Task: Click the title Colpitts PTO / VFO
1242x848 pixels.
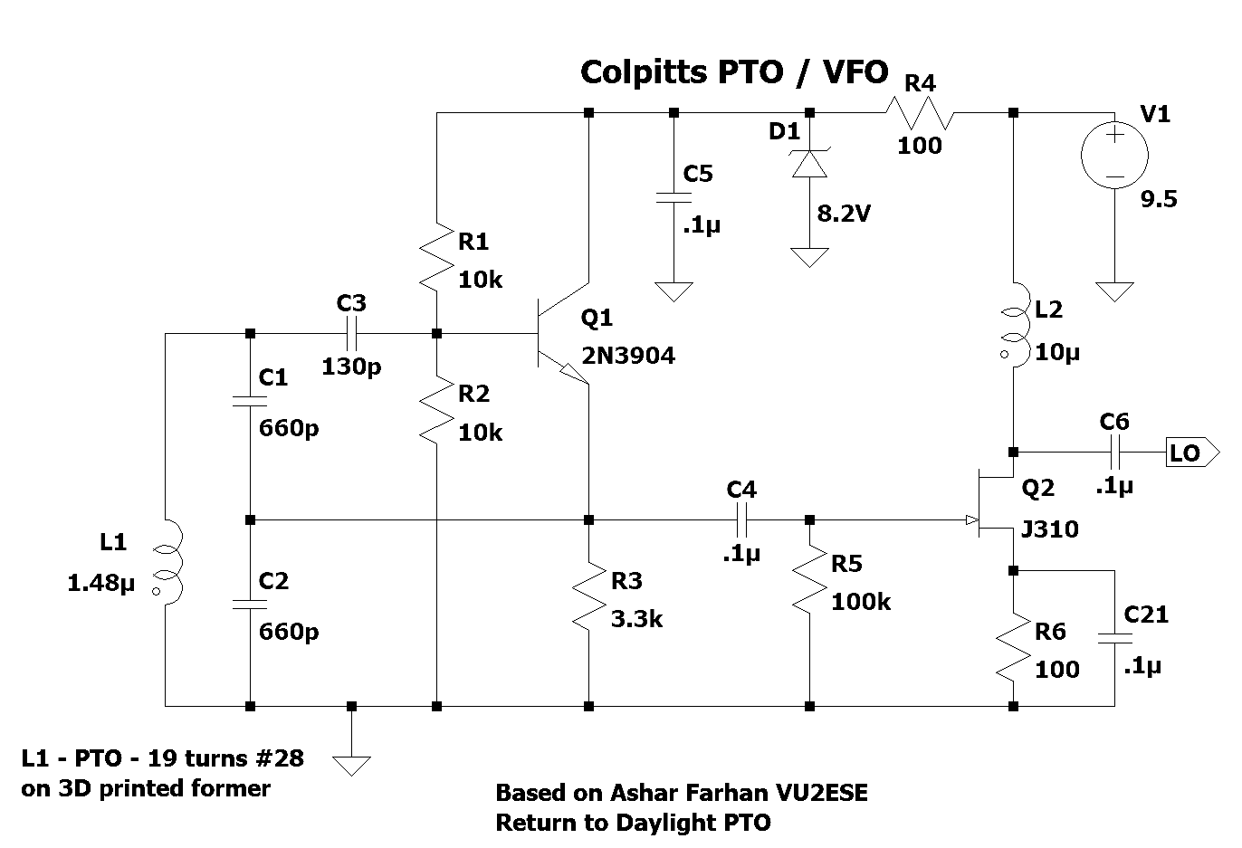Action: point(733,71)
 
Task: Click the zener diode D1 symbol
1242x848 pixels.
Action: point(808,163)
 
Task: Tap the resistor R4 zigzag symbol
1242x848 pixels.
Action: point(919,113)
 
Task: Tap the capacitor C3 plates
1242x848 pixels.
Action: point(351,334)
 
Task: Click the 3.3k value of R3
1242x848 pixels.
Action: point(637,620)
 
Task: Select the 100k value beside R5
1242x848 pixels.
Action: point(862,602)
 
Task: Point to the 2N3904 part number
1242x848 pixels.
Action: point(628,356)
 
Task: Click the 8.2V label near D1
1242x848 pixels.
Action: point(844,214)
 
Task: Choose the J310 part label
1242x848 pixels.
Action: point(1049,529)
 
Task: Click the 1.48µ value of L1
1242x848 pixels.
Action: point(100,584)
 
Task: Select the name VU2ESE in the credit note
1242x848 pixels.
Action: point(819,794)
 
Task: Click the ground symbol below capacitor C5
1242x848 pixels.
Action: point(673,291)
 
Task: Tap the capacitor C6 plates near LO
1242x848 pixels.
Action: point(1114,452)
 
